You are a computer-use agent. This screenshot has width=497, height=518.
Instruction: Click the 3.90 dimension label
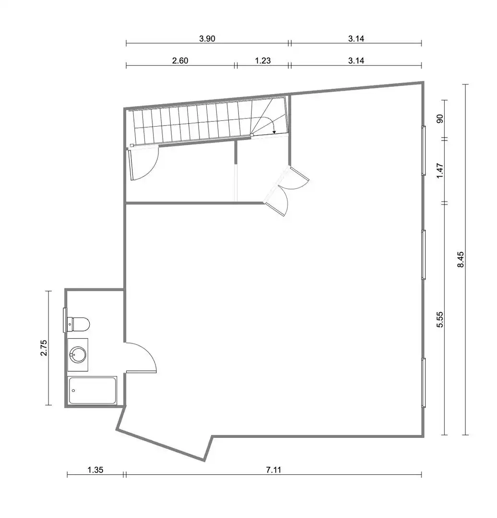(207, 39)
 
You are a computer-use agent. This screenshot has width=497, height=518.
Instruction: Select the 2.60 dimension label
(180, 61)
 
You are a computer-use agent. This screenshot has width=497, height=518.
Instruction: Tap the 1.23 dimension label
(263, 61)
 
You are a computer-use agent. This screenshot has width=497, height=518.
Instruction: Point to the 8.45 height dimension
(461, 259)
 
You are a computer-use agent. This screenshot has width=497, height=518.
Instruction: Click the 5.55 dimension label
(440, 319)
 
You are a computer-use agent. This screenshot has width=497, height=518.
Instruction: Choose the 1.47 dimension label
(440, 171)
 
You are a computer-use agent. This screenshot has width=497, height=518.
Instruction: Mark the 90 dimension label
(440, 118)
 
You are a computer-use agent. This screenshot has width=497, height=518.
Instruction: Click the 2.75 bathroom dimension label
(44, 348)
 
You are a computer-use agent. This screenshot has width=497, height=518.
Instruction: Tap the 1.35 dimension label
(95, 470)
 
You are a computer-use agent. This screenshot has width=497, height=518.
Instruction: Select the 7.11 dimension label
(273, 470)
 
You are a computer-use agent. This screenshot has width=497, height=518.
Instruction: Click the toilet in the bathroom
(78, 324)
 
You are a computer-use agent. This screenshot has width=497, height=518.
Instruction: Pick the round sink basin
(78, 355)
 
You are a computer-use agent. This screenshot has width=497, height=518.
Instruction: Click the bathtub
(92, 390)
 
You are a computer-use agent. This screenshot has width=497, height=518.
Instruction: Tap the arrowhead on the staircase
(274, 132)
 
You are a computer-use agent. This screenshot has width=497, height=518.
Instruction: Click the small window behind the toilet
(65, 320)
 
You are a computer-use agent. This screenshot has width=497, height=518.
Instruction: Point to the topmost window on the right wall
(423, 150)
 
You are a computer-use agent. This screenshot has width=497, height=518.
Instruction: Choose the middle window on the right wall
(423, 255)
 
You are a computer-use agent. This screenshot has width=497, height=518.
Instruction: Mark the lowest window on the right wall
(423, 383)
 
